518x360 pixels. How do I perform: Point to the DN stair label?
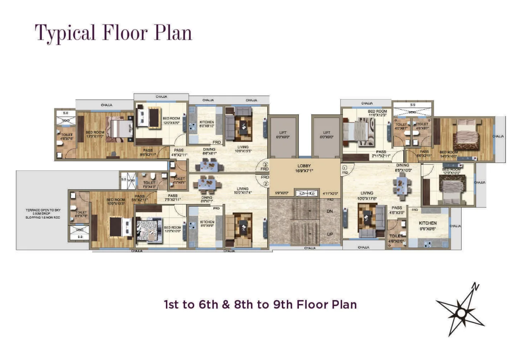click(329, 211)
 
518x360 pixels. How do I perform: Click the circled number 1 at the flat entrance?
click(345, 168)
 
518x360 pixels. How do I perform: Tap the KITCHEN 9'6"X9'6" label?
click(428, 226)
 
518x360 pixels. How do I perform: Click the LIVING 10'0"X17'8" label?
click(367, 195)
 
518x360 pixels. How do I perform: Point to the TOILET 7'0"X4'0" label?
click(149, 185)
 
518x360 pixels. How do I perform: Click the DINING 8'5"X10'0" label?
click(402, 168)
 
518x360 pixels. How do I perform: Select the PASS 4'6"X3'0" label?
click(397, 210)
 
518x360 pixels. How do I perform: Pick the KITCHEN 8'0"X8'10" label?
click(206, 124)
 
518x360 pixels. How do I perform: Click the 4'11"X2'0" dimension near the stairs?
click(330, 193)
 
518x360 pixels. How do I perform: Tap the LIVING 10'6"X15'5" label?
click(242, 149)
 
